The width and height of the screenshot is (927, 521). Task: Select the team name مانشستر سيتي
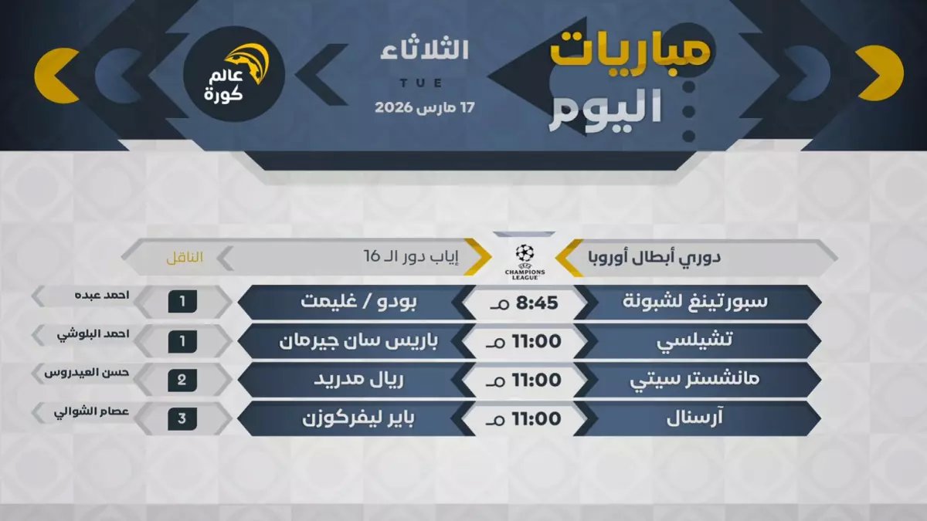698,380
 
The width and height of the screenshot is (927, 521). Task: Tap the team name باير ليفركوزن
349,419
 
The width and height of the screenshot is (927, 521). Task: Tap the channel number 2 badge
182,380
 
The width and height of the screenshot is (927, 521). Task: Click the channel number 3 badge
182,419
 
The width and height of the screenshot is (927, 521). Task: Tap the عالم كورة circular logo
234,74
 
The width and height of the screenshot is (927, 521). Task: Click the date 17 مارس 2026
424,107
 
